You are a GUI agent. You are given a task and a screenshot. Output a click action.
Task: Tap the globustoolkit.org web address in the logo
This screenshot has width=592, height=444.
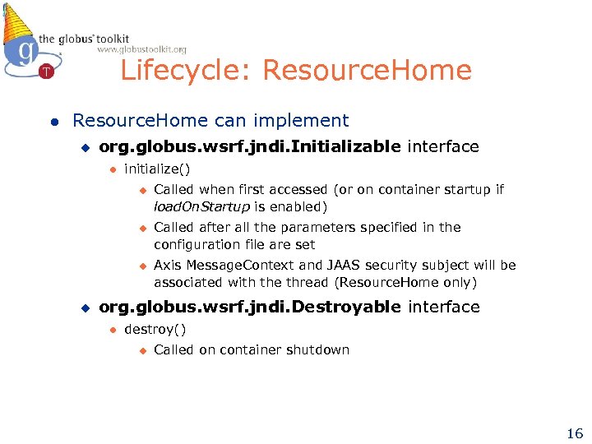click(x=141, y=49)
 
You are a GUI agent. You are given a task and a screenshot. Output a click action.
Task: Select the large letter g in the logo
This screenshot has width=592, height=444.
click(x=27, y=51)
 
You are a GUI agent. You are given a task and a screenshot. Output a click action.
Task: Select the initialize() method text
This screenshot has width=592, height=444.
click(x=157, y=169)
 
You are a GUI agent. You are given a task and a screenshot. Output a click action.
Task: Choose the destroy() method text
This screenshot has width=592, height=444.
click(x=155, y=330)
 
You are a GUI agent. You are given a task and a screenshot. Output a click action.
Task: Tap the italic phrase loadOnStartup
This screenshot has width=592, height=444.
click(x=201, y=206)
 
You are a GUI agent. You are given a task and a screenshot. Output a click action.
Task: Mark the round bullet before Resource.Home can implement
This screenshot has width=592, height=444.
click(x=53, y=121)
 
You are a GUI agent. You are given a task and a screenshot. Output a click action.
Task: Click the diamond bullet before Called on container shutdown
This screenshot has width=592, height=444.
click(x=141, y=350)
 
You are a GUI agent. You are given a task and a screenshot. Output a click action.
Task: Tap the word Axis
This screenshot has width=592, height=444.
click(x=168, y=265)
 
